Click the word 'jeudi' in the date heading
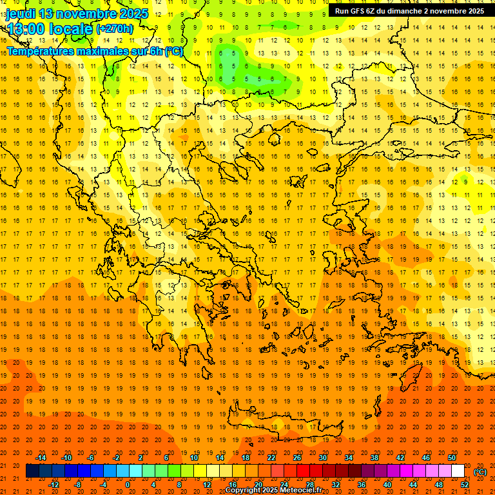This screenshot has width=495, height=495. (21, 14)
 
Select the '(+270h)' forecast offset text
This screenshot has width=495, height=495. (115, 29)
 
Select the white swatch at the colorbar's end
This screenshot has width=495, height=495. (458, 471)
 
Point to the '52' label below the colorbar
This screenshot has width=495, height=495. (465, 485)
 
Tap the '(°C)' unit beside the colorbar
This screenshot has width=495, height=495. (480, 472)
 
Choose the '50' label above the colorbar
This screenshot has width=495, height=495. (452, 458)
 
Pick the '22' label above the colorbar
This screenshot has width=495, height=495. (271, 458)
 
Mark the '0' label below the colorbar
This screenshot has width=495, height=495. (128, 485)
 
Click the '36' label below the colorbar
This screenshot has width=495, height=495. (362, 485)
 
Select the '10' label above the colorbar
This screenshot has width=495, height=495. (194, 458)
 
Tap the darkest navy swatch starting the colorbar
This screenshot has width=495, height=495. (32, 471)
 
